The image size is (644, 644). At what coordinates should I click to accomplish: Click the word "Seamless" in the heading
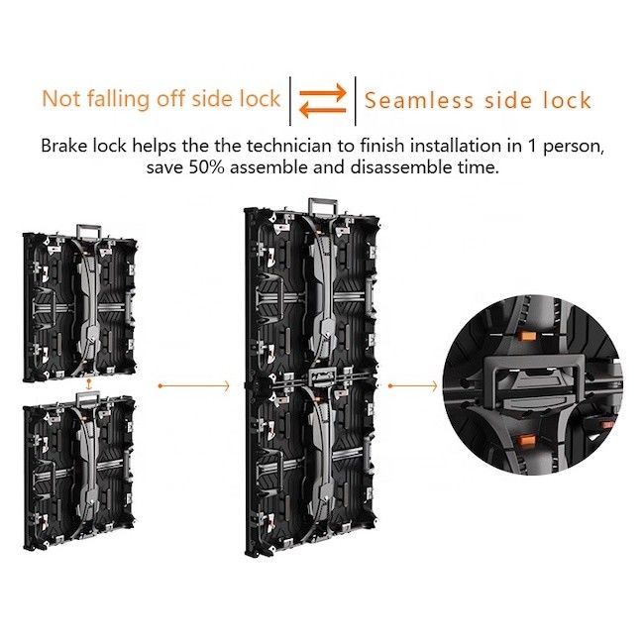click(x=419, y=100)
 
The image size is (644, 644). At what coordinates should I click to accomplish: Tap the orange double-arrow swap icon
click(x=323, y=101)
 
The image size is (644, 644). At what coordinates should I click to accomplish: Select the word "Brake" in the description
click(x=64, y=146)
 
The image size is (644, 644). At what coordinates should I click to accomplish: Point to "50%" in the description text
click(x=207, y=167)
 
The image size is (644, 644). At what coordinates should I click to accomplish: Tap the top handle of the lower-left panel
click(x=89, y=398)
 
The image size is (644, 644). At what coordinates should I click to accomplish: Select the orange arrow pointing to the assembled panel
click(x=194, y=386)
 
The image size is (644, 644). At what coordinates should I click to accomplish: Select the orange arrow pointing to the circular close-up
click(x=413, y=386)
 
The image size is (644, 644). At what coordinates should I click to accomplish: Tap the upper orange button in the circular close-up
click(x=528, y=337)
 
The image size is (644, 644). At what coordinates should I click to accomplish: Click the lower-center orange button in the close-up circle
click(x=525, y=442)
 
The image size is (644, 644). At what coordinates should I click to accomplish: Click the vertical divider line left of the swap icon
click(x=290, y=101)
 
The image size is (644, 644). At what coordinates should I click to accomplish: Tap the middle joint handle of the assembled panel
click(x=322, y=376)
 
